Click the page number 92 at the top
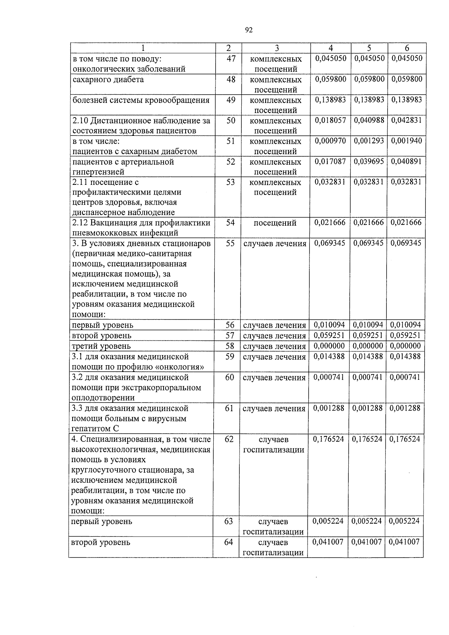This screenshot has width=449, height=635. [249, 30]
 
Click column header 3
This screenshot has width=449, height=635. [276, 48]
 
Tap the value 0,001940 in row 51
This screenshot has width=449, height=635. [406, 141]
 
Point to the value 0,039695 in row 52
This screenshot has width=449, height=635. [369, 161]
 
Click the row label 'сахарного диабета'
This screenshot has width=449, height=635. [108, 80]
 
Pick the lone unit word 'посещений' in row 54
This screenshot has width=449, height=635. [275, 223]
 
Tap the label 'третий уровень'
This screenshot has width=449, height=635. [101, 346]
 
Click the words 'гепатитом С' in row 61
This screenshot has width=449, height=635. [95, 429]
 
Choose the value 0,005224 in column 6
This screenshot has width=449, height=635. [404, 521]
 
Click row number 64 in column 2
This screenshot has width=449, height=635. [228, 542]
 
